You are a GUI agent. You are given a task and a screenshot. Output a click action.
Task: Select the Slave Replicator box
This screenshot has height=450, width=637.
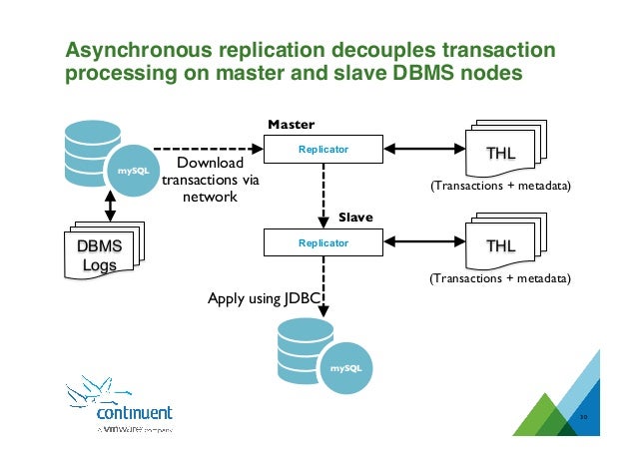[x=322, y=241]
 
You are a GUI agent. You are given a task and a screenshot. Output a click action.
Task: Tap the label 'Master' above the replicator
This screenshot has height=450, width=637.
[x=292, y=125]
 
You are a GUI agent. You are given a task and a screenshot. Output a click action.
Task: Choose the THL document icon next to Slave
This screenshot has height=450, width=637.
[x=505, y=245]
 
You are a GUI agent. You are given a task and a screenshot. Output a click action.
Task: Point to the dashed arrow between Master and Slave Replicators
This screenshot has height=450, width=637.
[x=322, y=196]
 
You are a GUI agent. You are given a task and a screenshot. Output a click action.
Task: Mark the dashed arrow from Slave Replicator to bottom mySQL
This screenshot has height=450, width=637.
[x=322, y=289]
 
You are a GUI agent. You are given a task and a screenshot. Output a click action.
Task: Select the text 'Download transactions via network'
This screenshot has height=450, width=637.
[x=210, y=180]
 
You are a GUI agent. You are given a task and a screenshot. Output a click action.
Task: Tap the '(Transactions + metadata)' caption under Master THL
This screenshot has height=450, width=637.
[x=500, y=186]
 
